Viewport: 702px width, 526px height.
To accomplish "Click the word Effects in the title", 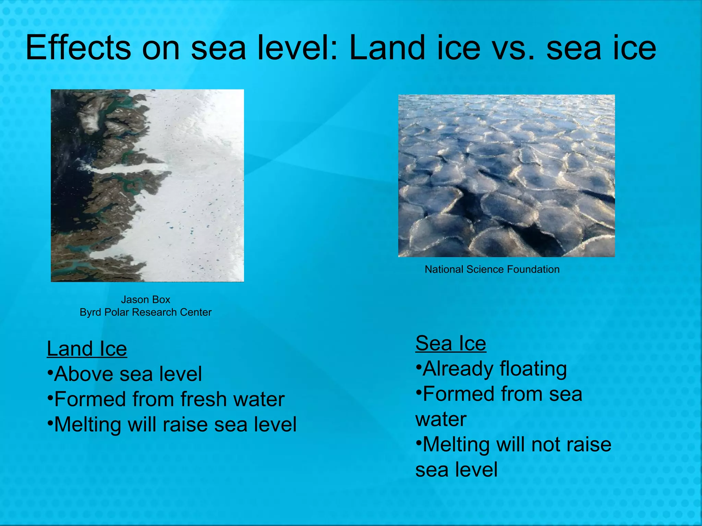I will point(78,48).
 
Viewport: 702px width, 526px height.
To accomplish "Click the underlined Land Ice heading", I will point(87,349).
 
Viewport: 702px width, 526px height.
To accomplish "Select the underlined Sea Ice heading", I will point(450,343).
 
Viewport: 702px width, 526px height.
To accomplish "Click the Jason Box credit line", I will point(145,300).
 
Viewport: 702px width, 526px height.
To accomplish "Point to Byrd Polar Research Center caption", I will point(145,312).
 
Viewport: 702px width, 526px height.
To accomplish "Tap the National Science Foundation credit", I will point(492,270).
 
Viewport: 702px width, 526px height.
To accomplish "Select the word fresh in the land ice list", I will point(203,399).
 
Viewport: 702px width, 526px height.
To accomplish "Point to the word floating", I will point(533,369).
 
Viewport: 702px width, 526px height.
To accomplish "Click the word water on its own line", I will point(441,419).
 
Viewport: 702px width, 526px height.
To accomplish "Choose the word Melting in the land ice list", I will point(88,424).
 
